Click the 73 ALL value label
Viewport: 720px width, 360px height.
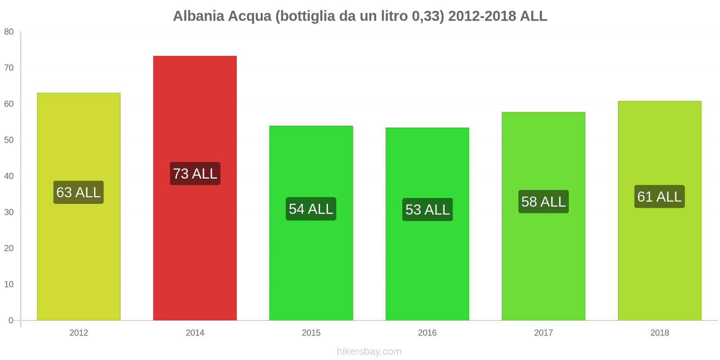(195, 174)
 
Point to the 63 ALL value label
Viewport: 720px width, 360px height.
(79, 193)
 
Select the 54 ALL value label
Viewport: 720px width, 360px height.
(311, 209)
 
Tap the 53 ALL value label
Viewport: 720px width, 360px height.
(427, 210)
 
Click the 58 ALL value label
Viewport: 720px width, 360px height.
(544, 202)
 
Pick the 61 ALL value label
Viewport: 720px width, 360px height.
(660, 197)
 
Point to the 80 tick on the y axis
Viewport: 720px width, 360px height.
(9, 31)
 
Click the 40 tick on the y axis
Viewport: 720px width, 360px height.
(9, 176)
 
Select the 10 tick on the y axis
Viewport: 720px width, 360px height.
(9, 284)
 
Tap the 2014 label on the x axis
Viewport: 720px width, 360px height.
(195, 333)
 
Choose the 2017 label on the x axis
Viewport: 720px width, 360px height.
(543, 333)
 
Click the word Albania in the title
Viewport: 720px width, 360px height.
(198, 16)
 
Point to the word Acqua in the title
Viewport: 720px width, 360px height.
(250, 16)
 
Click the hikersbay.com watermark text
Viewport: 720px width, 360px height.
(369, 351)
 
